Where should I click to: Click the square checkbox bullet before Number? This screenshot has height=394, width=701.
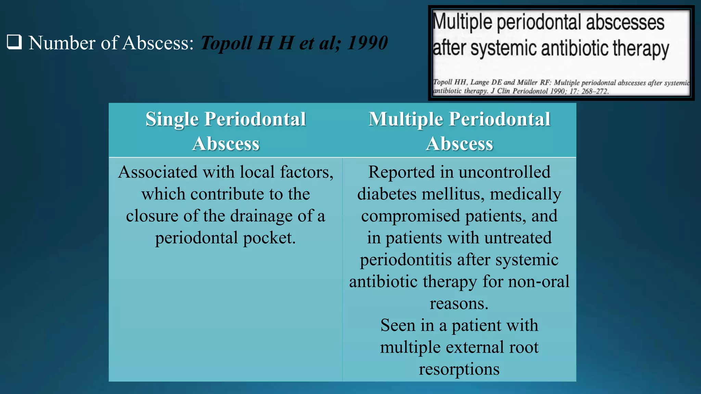click(14, 42)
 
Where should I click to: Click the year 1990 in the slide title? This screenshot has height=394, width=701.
click(367, 43)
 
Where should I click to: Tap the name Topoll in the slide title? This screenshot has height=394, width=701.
click(226, 43)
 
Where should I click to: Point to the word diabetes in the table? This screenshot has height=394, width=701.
click(387, 194)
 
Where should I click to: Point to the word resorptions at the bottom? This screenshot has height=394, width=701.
click(459, 369)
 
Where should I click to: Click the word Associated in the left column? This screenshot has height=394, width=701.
click(158, 172)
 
